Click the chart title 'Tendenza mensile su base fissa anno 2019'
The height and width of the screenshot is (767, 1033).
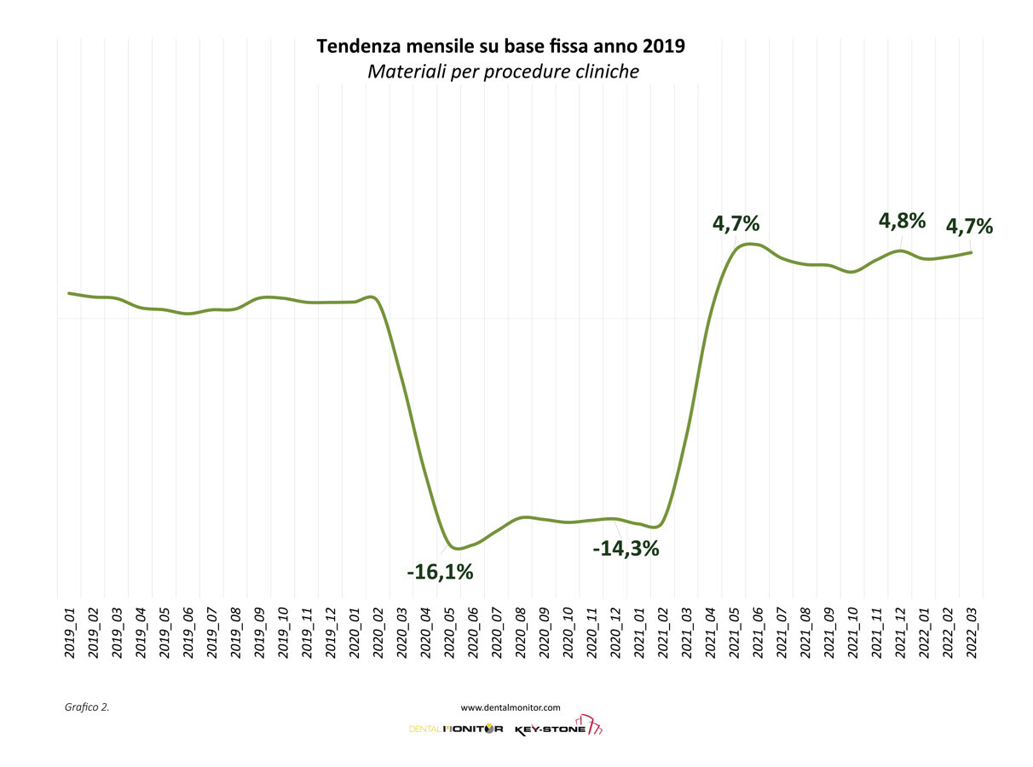[x=500, y=46]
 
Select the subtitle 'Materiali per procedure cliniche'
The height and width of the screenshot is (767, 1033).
[x=503, y=72]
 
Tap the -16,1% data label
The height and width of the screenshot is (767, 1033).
[x=440, y=572]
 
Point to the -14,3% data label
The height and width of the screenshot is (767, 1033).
[x=626, y=549]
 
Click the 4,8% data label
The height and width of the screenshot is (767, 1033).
[x=902, y=221]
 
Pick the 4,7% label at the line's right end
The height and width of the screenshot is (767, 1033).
[x=969, y=227]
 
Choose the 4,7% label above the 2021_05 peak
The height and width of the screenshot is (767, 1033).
[x=736, y=224]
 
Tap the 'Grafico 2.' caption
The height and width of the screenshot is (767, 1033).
[x=87, y=706]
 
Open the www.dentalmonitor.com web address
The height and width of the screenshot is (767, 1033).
[x=511, y=706]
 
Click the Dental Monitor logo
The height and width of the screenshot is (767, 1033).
[x=456, y=730]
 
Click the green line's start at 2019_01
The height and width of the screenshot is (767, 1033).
[x=69, y=293]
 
